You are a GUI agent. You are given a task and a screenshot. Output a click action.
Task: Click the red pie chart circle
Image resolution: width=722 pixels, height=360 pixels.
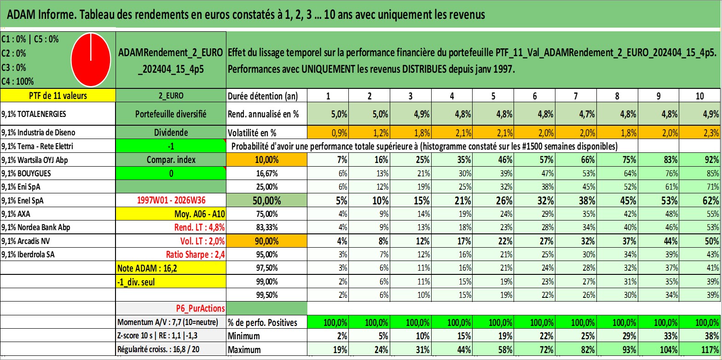click(91, 60)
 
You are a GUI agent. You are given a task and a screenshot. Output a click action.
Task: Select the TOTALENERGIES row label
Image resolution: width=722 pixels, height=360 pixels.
click(34, 114)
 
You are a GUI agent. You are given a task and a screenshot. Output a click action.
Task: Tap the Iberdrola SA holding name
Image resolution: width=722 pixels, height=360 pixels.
click(28, 255)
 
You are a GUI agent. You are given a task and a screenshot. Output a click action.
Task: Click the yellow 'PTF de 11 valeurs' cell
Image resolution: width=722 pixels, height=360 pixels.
click(58, 96)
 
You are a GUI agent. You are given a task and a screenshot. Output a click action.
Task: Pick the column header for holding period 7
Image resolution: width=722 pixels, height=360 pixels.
click(576, 96)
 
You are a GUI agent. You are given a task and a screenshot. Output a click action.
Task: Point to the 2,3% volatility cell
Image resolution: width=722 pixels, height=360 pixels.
click(700, 133)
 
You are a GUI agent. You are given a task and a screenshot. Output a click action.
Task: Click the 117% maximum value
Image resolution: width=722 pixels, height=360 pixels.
click(700, 350)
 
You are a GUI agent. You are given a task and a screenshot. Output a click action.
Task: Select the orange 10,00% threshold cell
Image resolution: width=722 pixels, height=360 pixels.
click(266, 160)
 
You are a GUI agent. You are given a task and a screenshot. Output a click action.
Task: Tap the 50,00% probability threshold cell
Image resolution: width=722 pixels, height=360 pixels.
click(266, 201)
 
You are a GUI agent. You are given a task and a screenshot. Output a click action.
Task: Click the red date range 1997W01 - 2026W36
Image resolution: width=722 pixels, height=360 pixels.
click(171, 200)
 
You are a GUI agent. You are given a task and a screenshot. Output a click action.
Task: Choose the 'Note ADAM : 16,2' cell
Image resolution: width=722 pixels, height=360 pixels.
click(171, 268)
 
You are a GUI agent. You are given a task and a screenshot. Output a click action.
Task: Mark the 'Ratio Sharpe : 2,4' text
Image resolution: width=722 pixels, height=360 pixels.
click(195, 255)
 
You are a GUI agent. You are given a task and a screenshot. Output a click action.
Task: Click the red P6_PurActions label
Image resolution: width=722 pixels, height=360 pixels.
click(200, 308)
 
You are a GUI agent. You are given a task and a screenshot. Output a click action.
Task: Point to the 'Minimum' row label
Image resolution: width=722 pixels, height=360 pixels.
click(244, 336)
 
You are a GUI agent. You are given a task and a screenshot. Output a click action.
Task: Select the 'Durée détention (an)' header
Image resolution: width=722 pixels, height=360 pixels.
click(263, 96)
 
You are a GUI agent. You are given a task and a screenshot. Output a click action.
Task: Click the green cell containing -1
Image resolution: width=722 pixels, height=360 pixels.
click(171, 146)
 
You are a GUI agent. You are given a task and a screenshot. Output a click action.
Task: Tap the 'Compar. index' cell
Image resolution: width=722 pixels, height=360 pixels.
click(171, 160)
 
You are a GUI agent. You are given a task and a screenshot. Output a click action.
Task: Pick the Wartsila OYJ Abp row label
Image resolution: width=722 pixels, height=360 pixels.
click(35, 160)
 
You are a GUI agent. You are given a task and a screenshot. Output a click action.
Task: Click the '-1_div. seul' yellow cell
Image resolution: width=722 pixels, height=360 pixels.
click(171, 282)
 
